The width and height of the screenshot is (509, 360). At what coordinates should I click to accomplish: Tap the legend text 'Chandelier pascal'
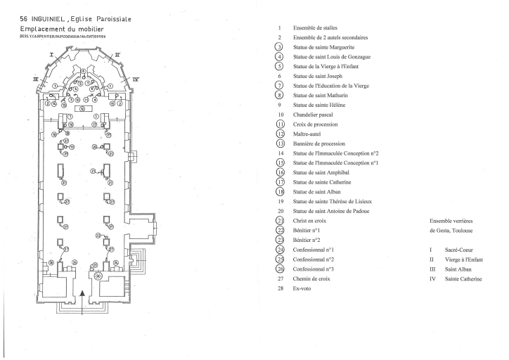[x=314, y=114]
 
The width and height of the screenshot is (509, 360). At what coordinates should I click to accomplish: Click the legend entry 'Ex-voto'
[x=303, y=288]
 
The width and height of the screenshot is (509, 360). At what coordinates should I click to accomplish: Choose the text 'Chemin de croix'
[x=313, y=278]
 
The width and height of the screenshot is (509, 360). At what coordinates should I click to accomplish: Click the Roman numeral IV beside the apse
[x=135, y=80]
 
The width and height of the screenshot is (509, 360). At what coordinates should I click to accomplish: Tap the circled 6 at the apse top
[x=84, y=72]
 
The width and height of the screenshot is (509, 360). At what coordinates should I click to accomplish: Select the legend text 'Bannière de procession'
[x=321, y=143]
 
